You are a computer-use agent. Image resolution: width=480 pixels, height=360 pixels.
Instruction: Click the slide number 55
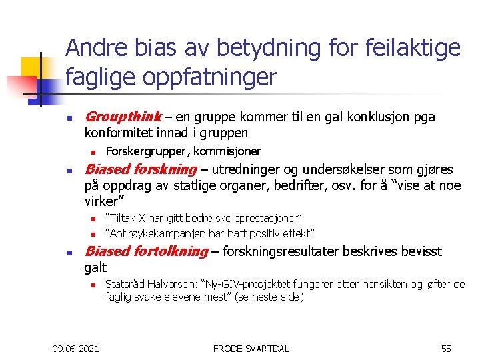(446, 349)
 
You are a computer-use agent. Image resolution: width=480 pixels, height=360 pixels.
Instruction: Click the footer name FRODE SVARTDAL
(251, 349)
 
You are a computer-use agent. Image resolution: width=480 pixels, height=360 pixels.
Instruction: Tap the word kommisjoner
(231, 151)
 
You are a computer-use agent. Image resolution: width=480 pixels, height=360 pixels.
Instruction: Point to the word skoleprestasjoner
(261, 218)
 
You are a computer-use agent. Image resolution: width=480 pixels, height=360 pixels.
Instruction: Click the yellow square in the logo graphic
(31, 67)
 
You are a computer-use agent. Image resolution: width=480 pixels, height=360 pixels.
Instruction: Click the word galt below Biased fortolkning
(95, 267)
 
